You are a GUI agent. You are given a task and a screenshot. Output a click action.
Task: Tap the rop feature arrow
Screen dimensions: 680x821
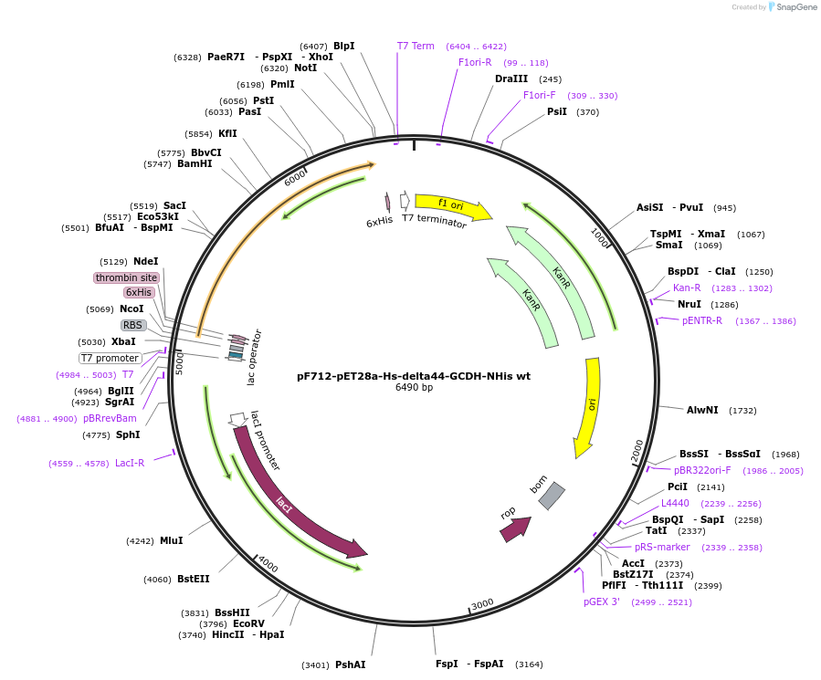click(515, 528)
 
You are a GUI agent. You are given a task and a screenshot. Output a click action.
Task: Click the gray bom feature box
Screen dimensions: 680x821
click(552, 496)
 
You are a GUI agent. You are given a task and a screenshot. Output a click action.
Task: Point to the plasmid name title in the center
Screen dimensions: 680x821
click(414, 375)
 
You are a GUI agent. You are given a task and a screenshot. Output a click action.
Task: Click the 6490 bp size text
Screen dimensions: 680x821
click(414, 388)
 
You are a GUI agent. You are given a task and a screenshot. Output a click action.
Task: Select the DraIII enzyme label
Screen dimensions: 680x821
click(511, 79)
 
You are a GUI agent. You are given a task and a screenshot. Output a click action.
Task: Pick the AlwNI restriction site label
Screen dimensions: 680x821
click(702, 411)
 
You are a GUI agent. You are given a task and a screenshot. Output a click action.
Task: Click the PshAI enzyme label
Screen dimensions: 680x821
click(350, 664)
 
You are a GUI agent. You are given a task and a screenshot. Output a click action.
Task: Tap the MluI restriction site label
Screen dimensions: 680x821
click(171, 540)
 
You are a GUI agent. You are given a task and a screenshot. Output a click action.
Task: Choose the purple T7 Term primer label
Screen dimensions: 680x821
click(416, 46)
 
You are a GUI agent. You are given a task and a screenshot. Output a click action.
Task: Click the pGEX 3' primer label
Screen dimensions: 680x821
click(602, 602)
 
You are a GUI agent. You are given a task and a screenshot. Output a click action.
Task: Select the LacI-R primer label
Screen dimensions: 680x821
click(130, 463)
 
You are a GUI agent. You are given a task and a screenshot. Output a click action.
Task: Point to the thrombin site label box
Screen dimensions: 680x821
click(126, 277)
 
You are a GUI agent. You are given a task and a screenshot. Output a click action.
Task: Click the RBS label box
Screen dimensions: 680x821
click(133, 325)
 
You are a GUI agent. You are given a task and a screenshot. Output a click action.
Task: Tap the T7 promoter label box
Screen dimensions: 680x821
click(111, 358)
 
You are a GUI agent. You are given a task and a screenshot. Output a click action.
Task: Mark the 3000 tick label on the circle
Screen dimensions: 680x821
click(481, 603)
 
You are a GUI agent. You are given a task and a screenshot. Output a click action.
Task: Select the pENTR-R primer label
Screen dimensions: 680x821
click(701, 320)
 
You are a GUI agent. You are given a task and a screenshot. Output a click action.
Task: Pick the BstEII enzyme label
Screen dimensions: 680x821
click(193, 579)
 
